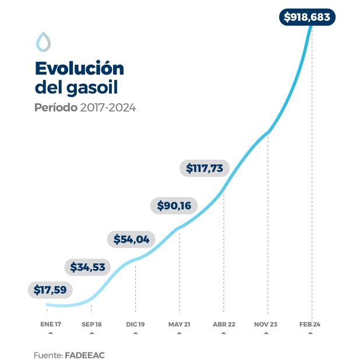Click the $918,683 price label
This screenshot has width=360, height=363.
point(307,17)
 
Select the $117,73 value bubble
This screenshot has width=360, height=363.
point(204,168)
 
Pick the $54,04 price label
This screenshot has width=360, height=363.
point(131,239)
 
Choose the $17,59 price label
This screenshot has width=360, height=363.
point(50,290)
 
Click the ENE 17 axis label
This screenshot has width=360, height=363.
point(51,324)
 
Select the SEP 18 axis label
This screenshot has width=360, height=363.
point(91,324)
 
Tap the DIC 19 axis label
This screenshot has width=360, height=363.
point(135,324)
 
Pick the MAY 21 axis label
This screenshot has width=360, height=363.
point(179,324)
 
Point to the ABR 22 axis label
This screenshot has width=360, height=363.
point(224,324)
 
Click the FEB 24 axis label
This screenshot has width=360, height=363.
point(310,324)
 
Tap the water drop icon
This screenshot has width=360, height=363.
point(43,42)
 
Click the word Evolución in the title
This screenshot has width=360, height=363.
point(79,68)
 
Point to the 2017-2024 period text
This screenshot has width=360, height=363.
point(108,108)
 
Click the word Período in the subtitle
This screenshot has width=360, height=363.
point(56,108)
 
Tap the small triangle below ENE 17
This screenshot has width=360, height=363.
point(51,333)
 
